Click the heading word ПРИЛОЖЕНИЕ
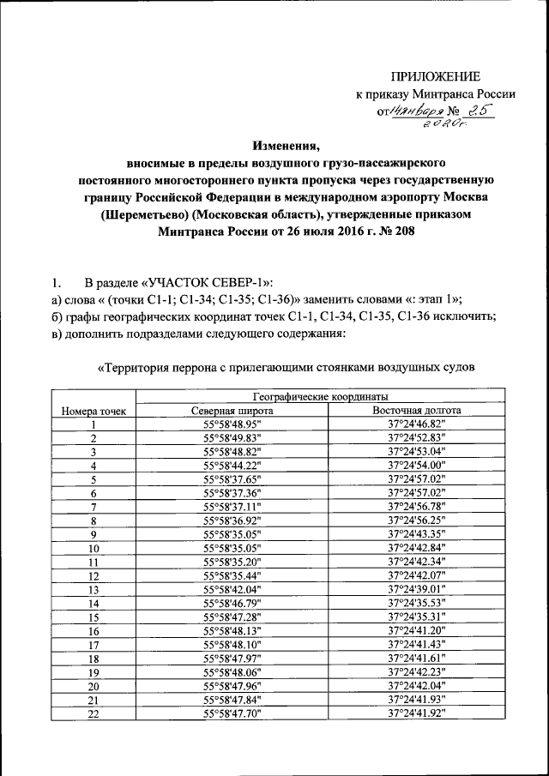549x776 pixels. tap(436, 76)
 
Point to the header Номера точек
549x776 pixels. tap(94, 412)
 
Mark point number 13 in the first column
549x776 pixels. tap(94, 590)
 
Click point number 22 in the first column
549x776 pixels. tap(94, 713)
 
